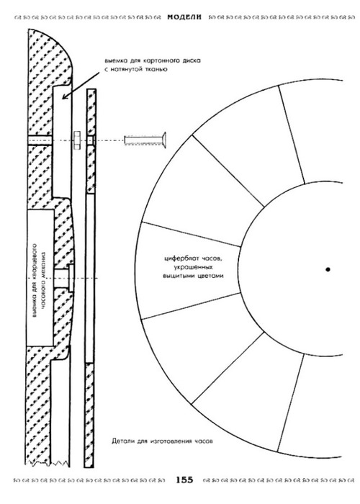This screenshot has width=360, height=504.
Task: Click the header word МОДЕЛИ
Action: (184, 17)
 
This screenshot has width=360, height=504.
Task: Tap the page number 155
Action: (184, 480)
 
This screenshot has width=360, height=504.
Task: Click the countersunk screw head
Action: (163, 140)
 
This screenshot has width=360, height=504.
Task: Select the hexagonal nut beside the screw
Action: (78, 140)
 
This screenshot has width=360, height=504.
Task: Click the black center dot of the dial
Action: (328, 269)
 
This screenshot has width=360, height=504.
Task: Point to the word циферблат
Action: (179, 258)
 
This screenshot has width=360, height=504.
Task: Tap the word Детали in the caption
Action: (122, 441)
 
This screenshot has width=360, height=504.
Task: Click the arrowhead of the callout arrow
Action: (65, 96)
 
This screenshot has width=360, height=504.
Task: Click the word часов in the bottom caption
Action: (204, 441)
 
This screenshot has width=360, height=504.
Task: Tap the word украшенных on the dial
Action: (193, 267)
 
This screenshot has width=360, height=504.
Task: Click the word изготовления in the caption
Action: (171, 441)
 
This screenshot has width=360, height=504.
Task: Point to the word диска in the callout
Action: (193, 60)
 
